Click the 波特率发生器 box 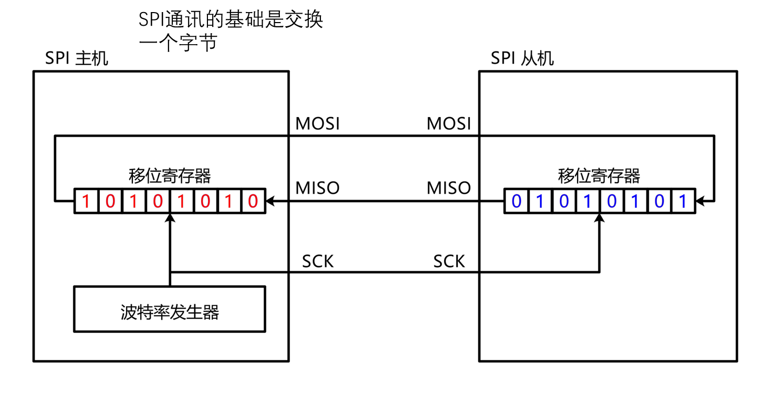pyautogui.click(x=170, y=312)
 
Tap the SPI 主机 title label pyautogui.click(x=77, y=58)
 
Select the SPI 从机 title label pyautogui.click(x=522, y=58)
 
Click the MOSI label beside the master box pyautogui.click(x=318, y=124)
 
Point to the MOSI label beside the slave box pyautogui.click(x=449, y=124)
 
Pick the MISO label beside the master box pyautogui.click(x=318, y=188)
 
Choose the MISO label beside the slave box pyautogui.click(x=449, y=188)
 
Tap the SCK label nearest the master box pyautogui.click(x=318, y=261)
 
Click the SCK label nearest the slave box pyautogui.click(x=449, y=261)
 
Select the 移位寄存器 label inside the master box pyautogui.click(x=170, y=176)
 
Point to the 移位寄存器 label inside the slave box pyautogui.click(x=599, y=176)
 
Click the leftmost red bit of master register pyautogui.click(x=86, y=201)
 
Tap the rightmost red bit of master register pyautogui.click(x=253, y=201)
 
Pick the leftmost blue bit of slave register pyautogui.click(x=516, y=201)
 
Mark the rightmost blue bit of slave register pyautogui.click(x=683, y=201)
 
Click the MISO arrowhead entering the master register pyautogui.click(x=270, y=201)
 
